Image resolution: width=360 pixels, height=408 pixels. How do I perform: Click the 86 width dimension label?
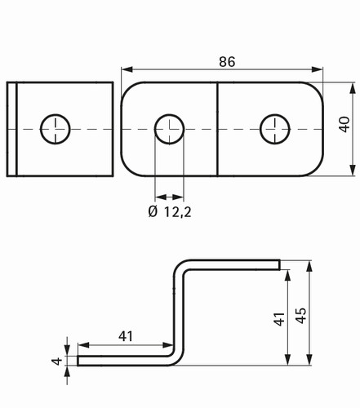point(227,62)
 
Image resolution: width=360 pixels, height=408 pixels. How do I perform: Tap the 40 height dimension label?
point(344,124)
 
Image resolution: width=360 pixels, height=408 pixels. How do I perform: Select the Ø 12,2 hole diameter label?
point(170,211)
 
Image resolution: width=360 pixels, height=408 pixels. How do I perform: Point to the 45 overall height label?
point(300,316)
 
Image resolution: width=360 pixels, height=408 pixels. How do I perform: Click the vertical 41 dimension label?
point(279,319)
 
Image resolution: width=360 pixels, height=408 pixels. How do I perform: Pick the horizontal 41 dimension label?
point(126,336)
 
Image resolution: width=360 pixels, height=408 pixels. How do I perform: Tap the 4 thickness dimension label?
point(57,361)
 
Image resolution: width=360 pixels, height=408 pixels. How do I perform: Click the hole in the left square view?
point(56,129)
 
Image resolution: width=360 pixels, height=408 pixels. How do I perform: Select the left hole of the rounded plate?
point(169,129)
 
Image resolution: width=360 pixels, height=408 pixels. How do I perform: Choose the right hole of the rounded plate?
point(275,129)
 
